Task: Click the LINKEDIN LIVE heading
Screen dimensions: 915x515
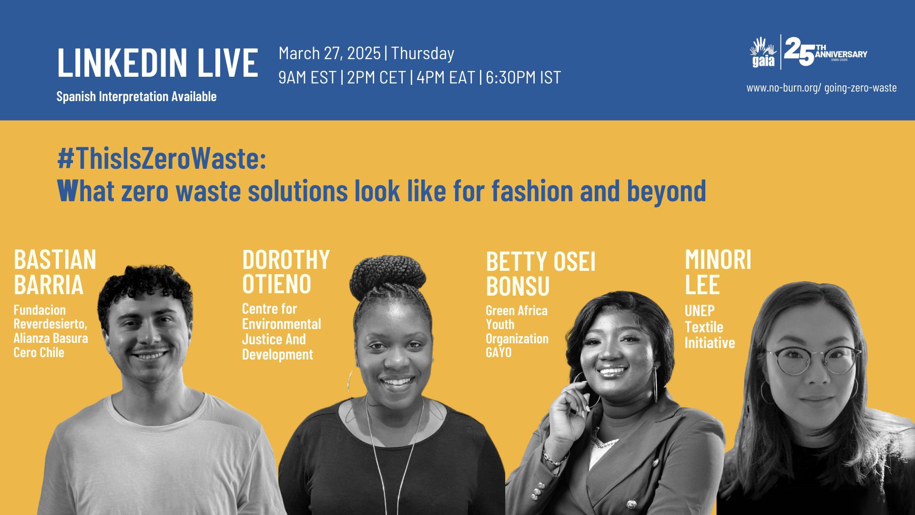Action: (x=157, y=62)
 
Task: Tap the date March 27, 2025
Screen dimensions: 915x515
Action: (x=329, y=53)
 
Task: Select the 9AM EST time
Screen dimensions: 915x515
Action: (x=307, y=78)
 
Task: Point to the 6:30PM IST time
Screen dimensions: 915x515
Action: (x=523, y=78)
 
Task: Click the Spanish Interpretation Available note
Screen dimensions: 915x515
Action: (x=136, y=96)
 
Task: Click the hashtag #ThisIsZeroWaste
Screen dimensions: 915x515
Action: (x=162, y=159)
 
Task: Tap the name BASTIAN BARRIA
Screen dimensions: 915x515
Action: (x=55, y=272)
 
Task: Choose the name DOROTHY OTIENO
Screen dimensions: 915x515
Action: (x=286, y=271)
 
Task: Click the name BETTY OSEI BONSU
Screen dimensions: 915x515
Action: (x=541, y=274)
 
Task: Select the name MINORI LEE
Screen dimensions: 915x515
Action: (x=718, y=272)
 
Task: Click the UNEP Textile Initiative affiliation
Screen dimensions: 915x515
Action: (x=710, y=327)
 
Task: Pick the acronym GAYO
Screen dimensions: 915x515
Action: (x=499, y=352)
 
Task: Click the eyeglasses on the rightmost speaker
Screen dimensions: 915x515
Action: (x=813, y=360)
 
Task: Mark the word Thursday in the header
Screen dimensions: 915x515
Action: (x=423, y=53)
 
